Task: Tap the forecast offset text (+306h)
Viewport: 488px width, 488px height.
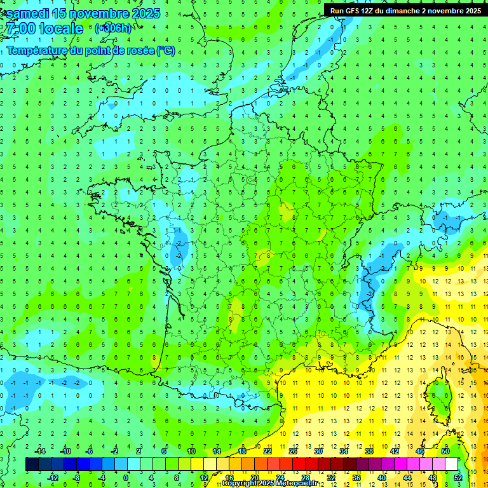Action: (112, 28)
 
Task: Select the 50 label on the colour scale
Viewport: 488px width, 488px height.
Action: (445, 451)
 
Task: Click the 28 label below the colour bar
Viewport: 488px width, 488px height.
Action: (305, 477)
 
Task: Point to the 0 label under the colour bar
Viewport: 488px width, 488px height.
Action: (126, 477)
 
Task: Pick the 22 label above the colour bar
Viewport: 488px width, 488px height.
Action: (268, 451)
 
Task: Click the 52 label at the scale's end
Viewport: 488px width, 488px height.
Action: (458, 477)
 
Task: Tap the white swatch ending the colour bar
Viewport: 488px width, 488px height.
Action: (452, 464)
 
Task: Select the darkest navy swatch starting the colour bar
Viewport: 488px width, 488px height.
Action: (32, 464)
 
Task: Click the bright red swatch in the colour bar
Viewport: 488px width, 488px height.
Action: (299, 464)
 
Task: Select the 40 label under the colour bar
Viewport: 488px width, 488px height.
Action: (382, 477)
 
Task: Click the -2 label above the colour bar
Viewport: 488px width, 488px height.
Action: (114, 451)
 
